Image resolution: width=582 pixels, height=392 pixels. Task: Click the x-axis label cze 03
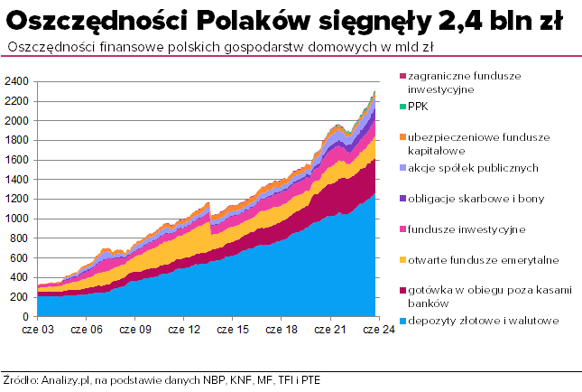(38, 331)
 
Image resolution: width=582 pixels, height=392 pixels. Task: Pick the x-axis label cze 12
(183, 331)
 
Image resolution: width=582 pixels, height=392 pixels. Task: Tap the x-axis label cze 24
(376, 331)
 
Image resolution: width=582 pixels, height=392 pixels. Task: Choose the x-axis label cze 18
(280, 331)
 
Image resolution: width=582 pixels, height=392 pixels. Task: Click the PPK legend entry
(418, 106)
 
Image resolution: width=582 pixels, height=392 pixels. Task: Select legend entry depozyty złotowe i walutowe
(483, 321)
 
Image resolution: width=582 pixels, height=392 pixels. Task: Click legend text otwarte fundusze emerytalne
(483, 260)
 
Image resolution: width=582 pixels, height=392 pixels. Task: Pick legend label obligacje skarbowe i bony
(476, 198)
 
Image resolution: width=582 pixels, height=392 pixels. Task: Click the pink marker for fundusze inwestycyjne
(402, 229)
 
